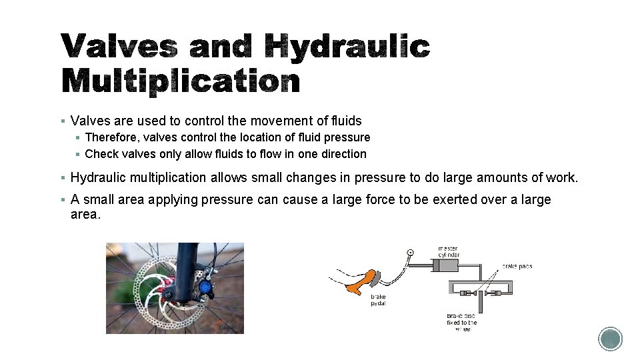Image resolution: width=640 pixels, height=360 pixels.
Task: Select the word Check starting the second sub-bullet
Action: click(x=102, y=154)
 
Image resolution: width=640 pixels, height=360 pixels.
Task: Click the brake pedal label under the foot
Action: click(x=379, y=300)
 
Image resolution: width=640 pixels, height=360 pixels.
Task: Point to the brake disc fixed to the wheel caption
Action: click(x=462, y=322)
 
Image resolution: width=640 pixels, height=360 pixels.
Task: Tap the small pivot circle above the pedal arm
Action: click(x=410, y=252)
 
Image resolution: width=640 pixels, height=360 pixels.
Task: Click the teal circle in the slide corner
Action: click(x=610, y=339)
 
